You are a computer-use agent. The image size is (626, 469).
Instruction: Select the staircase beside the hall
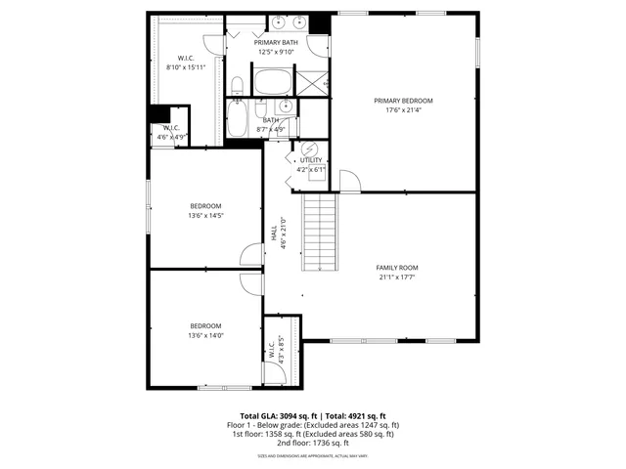pyautogui.click(x=318, y=231)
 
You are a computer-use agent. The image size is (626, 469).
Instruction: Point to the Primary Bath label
pyautogui.click(x=276, y=43)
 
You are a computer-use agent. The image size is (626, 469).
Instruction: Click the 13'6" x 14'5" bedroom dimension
pyautogui.click(x=205, y=215)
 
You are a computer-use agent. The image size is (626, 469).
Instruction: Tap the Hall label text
pyautogui.click(x=274, y=234)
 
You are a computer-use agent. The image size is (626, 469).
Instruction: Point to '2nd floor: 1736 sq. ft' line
pyautogui.click(x=313, y=443)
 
